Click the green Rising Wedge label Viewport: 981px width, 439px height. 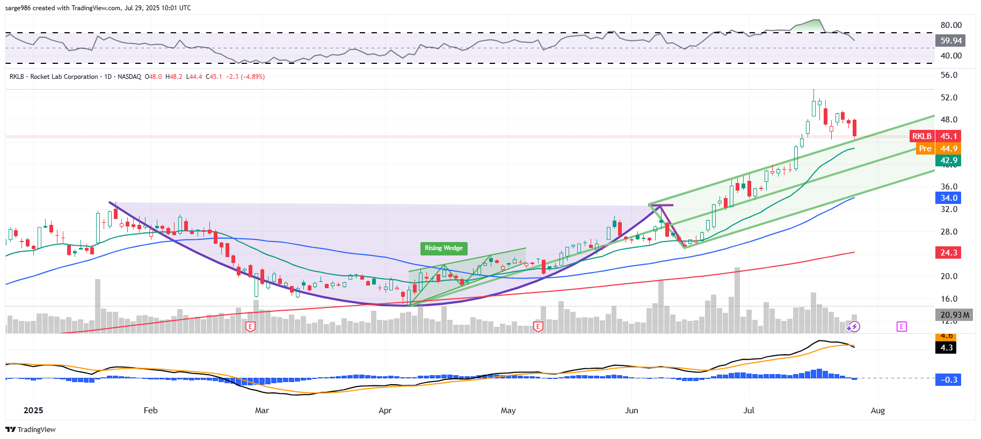[x=444, y=248]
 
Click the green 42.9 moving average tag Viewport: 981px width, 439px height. [x=948, y=160]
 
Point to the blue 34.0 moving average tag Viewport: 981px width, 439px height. [x=948, y=198]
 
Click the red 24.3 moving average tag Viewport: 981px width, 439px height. [x=948, y=253]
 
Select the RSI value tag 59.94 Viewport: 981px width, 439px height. [x=950, y=41]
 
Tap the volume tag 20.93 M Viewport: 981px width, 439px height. [x=955, y=315]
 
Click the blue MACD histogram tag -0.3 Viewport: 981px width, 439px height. [x=948, y=380]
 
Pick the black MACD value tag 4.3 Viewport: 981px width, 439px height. [x=947, y=348]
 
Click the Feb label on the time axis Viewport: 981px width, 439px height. [x=150, y=411]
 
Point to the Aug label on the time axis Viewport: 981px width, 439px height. [x=877, y=411]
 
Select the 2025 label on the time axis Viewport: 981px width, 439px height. [x=33, y=411]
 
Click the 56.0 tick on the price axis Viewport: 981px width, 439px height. [x=949, y=75]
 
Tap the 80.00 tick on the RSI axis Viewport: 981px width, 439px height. [x=951, y=25]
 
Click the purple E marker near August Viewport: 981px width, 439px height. [x=901, y=326]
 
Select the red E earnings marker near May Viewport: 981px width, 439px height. [x=537, y=326]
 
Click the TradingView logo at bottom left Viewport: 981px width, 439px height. [x=31, y=429]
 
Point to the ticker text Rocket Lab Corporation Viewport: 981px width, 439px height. [x=64, y=77]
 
